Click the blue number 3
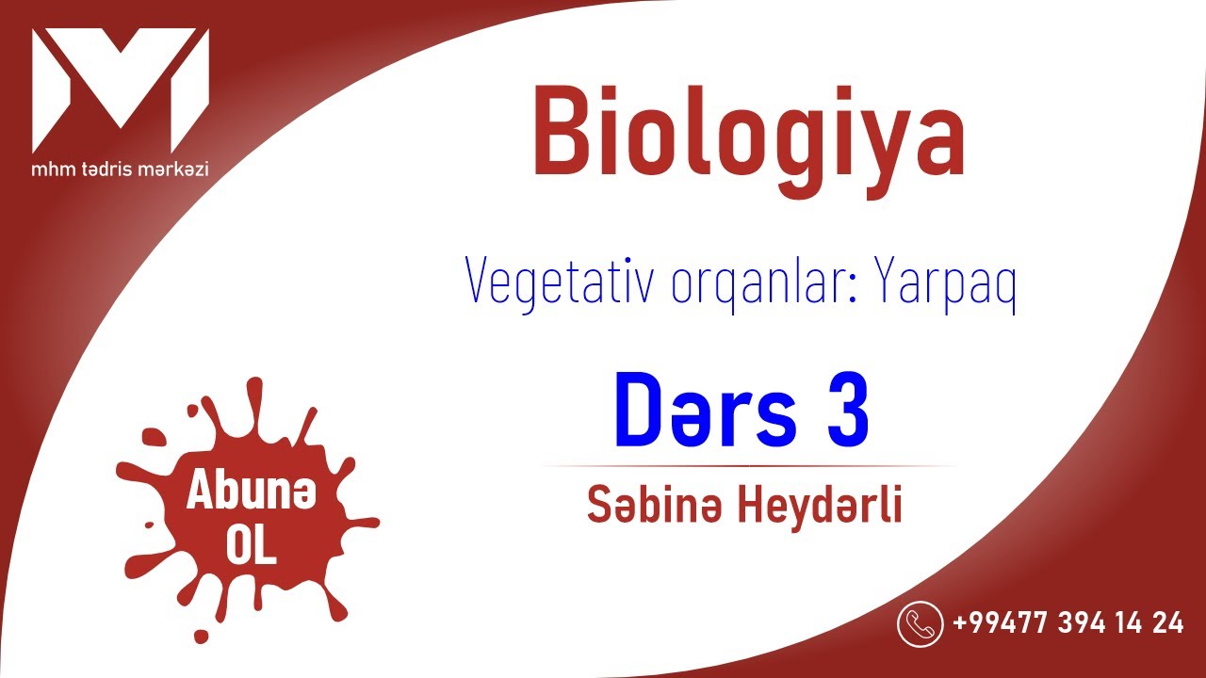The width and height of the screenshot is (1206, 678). coord(848,412)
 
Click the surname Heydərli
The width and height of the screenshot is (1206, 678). coord(819,507)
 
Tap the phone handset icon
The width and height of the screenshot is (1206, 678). coord(920,623)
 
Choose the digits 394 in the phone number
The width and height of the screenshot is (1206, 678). coord(1074,623)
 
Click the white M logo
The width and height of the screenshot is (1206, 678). coord(120,89)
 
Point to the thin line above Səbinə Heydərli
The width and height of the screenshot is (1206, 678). coord(749,465)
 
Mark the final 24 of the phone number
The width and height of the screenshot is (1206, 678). coord(1166,623)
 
